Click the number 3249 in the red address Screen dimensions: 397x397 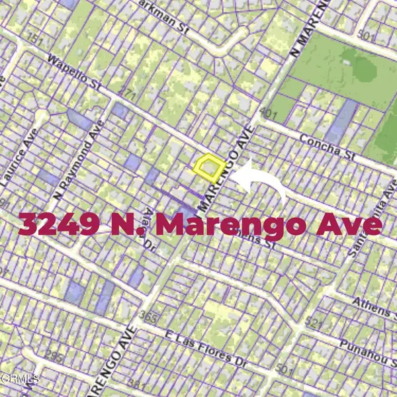pyautogui.click(x=60, y=224)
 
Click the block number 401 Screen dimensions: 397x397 pyautogui.click(x=269, y=113)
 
